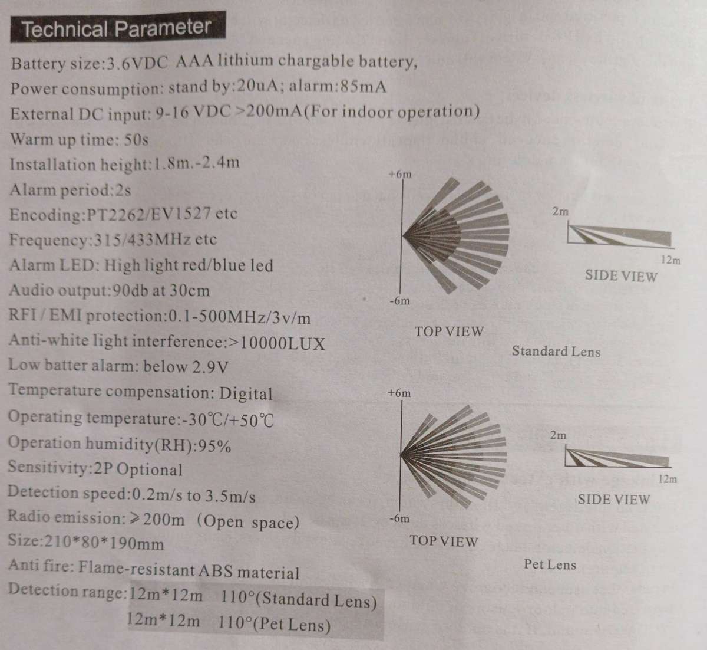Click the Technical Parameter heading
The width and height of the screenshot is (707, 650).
coord(117,28)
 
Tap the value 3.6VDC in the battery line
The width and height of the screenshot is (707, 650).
coord(137,64)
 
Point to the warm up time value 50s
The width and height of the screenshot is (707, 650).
coord(136,140)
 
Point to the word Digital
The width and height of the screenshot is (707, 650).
coord(246,393)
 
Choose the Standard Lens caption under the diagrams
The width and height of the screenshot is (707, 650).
coord(556,352)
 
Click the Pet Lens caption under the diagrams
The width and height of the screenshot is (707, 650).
coord(550,564)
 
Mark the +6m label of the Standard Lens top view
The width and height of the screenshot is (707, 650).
coord(400,175)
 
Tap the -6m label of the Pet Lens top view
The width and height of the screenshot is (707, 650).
coord(399,518)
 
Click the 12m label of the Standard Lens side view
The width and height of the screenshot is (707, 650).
coord(670,260)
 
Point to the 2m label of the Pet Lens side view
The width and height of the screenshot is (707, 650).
coord(559,435)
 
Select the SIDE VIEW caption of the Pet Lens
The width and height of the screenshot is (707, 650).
coord(613,500)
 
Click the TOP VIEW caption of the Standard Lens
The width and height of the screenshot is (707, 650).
coord(449,331)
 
